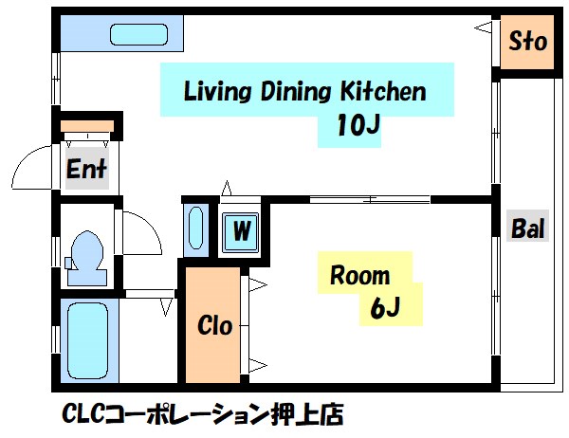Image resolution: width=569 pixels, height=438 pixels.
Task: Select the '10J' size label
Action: pos(358,127)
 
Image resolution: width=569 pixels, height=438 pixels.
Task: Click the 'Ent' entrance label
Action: pos(86,171)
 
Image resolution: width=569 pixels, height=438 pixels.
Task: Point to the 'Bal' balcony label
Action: pos(527,228)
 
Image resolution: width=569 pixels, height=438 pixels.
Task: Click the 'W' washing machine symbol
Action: pos(242,229)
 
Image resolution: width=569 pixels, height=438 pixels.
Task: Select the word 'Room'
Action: pos(359,276)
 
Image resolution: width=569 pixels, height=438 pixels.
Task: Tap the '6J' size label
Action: pos(383,307)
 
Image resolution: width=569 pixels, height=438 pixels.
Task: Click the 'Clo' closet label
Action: pos(214,325)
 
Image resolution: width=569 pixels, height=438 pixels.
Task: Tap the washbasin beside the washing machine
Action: pos(195,229)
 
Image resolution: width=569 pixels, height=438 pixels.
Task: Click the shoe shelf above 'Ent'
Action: pos(86,126)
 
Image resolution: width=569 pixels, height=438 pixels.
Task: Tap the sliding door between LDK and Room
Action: pos(370,199)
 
